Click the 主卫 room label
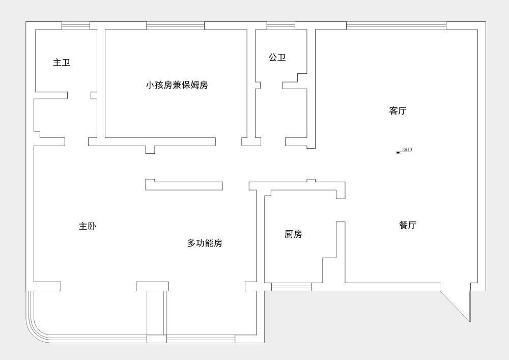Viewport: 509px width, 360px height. pyautogui.click(x=62, y=63)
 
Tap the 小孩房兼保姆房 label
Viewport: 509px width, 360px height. pyautogui.click(x=177, y=85)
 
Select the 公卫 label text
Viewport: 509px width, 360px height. pyautogui.click(x=277, y=58)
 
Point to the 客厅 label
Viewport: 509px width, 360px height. pyautogui.click(x=398, y=111)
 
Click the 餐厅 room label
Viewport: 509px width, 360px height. pyautogui.click(x=408, y=225)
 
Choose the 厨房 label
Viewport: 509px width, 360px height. pyautogui.click(x=293, y=234)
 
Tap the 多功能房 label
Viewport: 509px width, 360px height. pyautogui.click(x=205, y=243)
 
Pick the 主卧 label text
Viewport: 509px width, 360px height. pyautogui.click(x=87, y=226)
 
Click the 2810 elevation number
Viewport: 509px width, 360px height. pyautogui.click(x=407, y=150)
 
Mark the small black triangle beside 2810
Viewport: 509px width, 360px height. pyautogui.click(x=398, y=152)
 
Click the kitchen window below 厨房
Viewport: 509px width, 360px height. pyautogui.click(x=291, y=287)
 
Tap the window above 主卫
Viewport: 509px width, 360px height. pyautogui.click(x=76, y=25)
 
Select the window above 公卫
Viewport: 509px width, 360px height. pyautogui.click(x=280, y=25)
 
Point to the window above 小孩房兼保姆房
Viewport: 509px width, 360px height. pyautogui.click(x=175, y=25)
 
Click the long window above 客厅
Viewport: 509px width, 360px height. pyautogui.click(x=396, y=25)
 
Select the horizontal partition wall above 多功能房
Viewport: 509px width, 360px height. pyautogui.click(x=184, y=186)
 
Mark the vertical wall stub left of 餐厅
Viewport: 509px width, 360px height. pyautogui.click(x=341, y=252)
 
